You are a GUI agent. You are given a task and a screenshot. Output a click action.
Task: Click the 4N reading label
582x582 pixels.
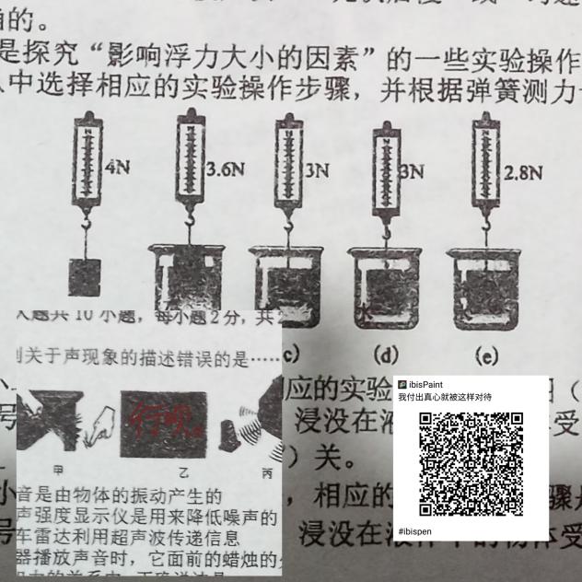(x=118, y=169)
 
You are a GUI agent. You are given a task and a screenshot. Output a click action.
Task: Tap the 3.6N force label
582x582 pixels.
(x=227, y=169)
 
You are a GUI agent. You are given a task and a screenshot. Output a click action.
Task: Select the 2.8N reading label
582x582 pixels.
(x=523, y=170)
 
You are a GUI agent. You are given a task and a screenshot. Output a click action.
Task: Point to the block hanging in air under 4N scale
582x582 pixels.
(x=85, y=275)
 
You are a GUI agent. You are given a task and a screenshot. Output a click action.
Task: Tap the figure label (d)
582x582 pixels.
(x=384, y=353)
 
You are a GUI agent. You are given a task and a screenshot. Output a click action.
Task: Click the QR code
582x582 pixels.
(x=471, y=463)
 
